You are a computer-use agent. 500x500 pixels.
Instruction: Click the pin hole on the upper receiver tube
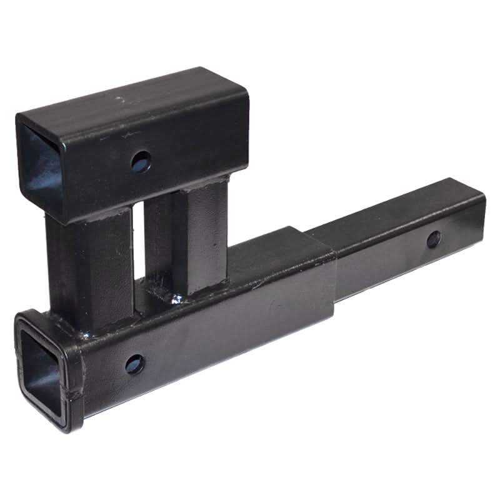pyautogui.click(x=142, y=162)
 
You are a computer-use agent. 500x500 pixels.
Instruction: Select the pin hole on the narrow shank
pyautogui.click(x=432, y=239)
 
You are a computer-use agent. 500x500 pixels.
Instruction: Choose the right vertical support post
pyautogui.click(x=199, y=237)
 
